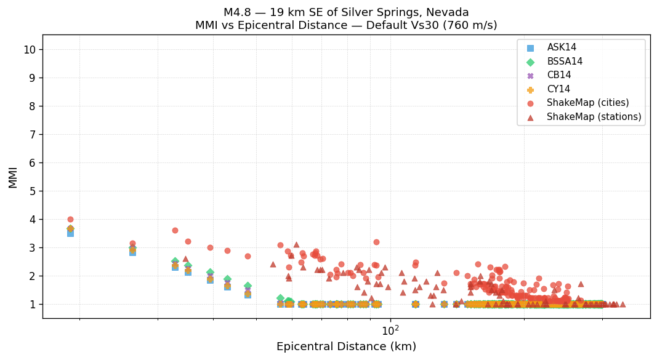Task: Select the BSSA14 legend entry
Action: tap(565, 62)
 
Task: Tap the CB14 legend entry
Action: tap(558, 75)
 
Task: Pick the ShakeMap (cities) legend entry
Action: tap(579, 103)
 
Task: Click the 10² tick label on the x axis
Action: tap(390, 330)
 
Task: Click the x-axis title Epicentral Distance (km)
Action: tap(346, 346)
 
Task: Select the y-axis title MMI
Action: tap(13, 177)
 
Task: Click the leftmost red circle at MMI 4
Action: tap(70, 219)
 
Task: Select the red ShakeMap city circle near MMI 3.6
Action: tap(175, 230)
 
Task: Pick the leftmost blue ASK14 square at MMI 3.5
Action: tap(70, 233)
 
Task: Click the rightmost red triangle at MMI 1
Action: tap(623, 304)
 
